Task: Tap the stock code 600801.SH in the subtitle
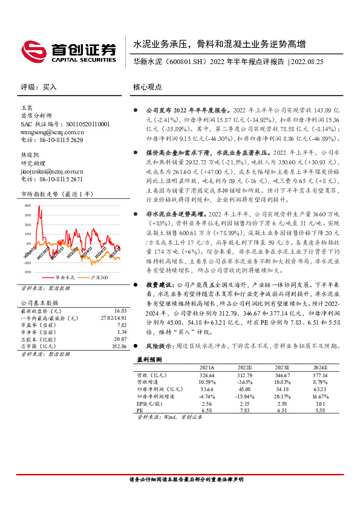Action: click(x=185, y=62)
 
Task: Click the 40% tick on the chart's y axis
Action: click(x=27, y=206)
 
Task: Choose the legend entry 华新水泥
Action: click(x=65, y=277)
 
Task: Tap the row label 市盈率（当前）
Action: click(x=40, y=323)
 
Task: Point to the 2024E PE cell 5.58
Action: click(x=319, y=410)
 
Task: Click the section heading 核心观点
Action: click(x=148, y=86)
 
